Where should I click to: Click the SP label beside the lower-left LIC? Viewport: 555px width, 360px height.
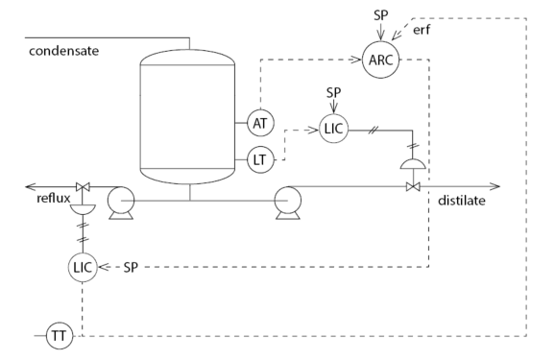pos(132,266)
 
